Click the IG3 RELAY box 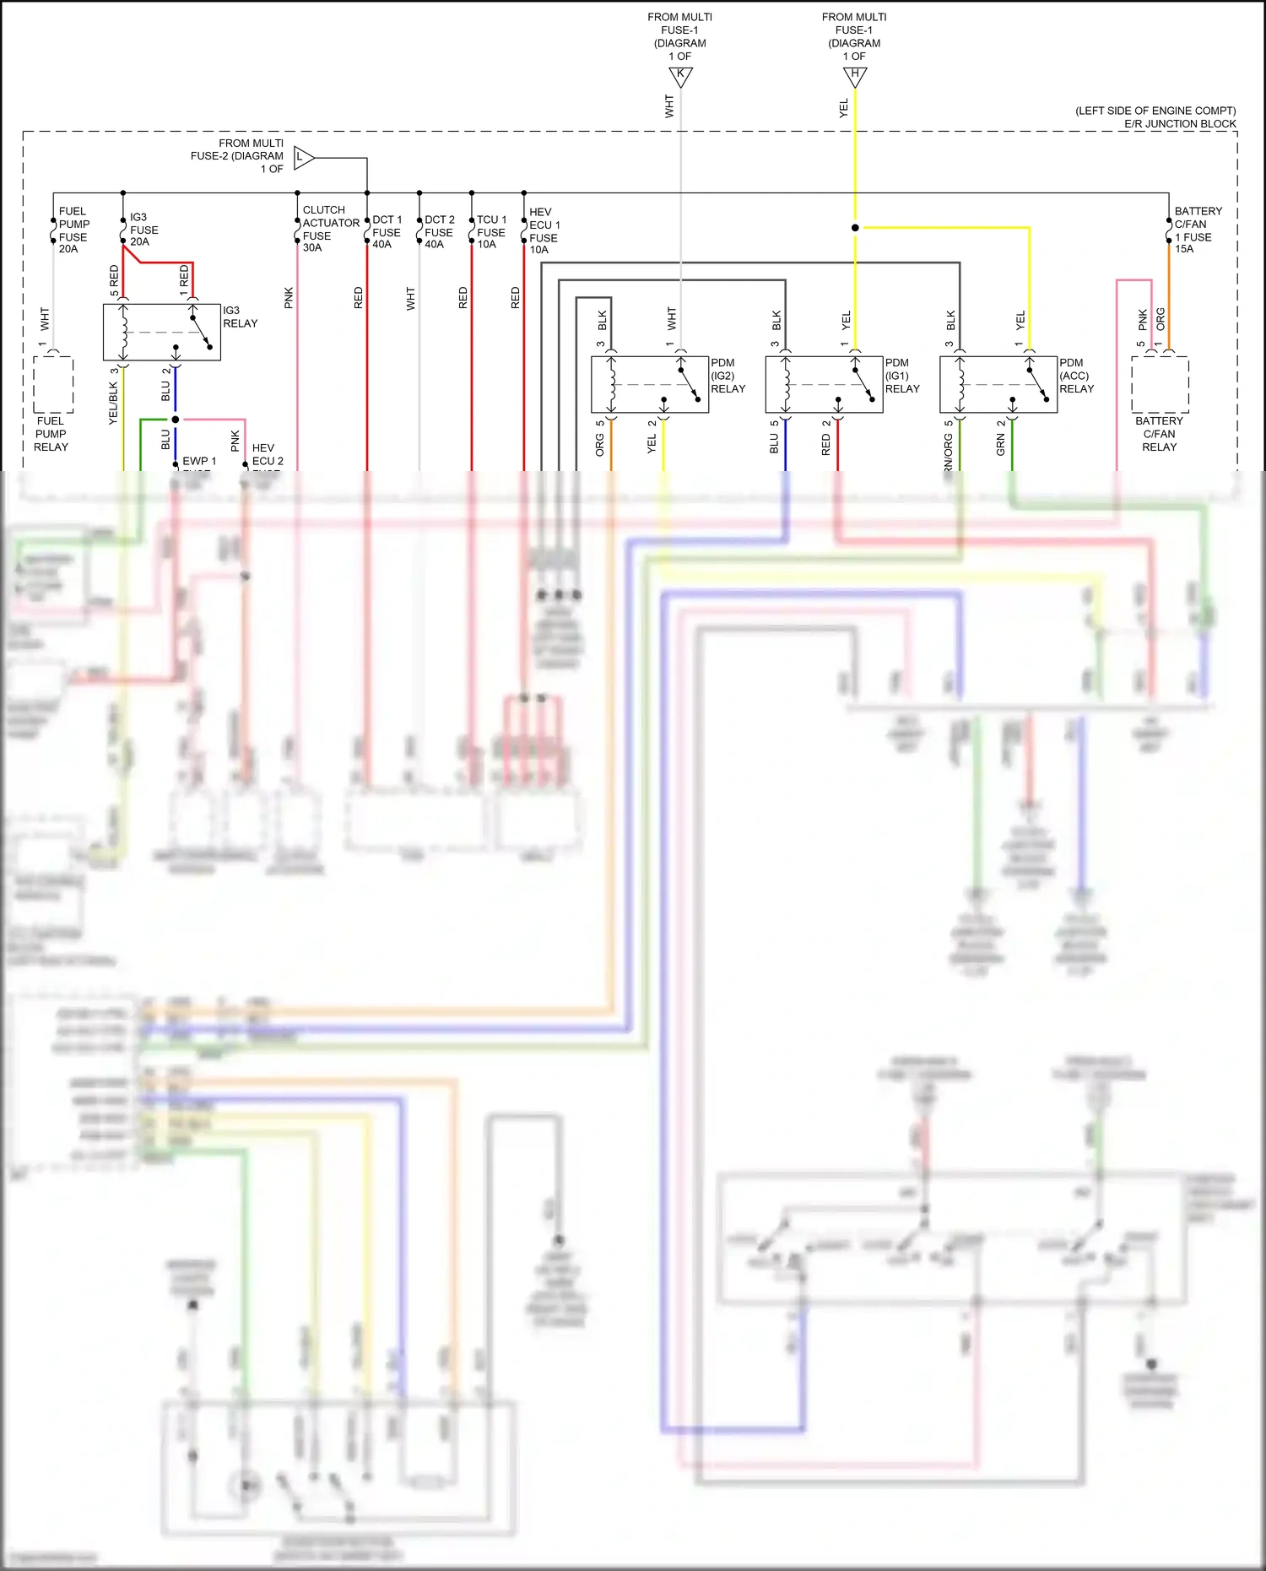(161, 333)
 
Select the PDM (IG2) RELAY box (649, 384)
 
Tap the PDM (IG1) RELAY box (824, 384)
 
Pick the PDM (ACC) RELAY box (998, 384)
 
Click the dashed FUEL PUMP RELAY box (53, 384)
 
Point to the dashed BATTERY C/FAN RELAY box (1160, 384)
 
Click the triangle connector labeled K (680, 76)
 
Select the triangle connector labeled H (855, 76)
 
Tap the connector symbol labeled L (303, 157)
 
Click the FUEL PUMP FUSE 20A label (73, 230)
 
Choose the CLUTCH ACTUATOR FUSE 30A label (330, 229)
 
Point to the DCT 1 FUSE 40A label (387, 232)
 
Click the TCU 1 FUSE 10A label (491, 232)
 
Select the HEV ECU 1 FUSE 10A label (544, 231)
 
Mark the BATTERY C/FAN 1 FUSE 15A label (1197, 230)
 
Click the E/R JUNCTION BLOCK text (1179, 124)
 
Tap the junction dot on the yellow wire (855, 228)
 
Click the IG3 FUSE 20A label (143, 230)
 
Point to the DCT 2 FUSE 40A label (439, 232)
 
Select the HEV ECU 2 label (268, 455)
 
